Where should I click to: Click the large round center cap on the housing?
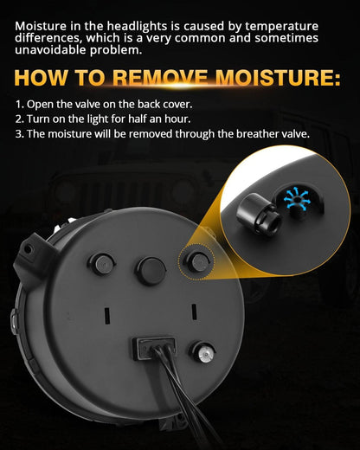click(x=150, y=268)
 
